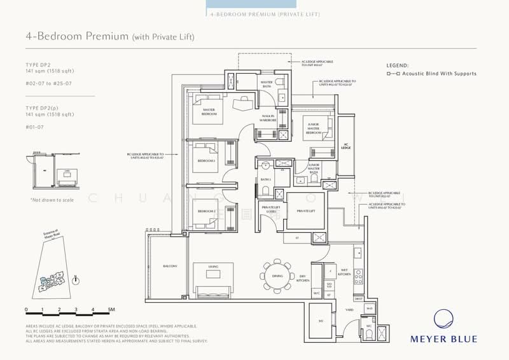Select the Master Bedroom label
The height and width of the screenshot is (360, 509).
click(x=209, y=111)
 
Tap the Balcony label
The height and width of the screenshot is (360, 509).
click(x=169, y=266)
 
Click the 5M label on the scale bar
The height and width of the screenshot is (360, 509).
click(x=111, y=310)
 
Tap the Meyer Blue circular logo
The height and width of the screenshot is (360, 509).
click(x=453, y=319)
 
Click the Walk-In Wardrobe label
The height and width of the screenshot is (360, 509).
click(x=268, y=117)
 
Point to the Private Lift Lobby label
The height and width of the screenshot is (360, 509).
click(x=273, y=209)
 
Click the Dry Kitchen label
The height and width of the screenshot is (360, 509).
click(x=304, y=278)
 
